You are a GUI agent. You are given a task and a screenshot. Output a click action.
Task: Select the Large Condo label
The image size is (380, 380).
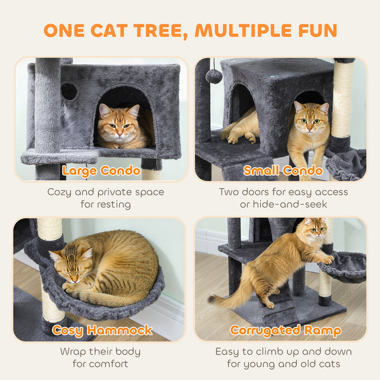(x=101, y=170)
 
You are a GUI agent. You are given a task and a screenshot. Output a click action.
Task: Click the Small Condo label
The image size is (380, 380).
(x=282, y=170)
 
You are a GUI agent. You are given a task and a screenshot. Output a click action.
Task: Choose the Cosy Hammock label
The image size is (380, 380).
(x=102, y=330)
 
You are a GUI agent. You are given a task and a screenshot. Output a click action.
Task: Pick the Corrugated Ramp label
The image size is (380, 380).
(x=286, y=330)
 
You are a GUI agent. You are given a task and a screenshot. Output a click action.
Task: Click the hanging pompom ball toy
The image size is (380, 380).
(x=213, y=76)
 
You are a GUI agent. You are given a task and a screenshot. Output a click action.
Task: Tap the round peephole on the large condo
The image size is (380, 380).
(x=69, y=92)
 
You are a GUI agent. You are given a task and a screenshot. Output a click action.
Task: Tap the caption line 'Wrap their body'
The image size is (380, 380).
(x=100, y=351)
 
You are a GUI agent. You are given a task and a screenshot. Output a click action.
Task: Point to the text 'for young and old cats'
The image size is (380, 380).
(x=283, y=364)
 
